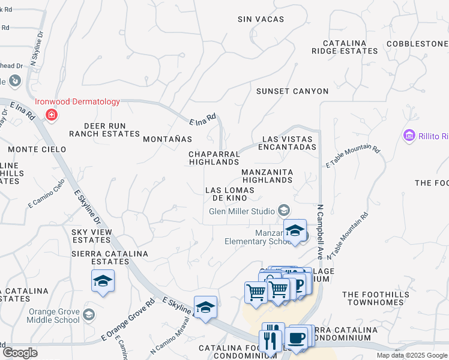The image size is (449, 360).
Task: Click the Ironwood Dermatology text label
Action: click(77, 102)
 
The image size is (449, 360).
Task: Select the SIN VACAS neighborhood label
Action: click(261, 19)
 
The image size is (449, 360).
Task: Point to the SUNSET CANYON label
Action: click(292, 91)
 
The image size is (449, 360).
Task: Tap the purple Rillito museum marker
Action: click(410, 136)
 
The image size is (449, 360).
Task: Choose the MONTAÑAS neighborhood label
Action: click(167, 139)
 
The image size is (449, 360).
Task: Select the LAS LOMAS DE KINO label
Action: click(230, 194)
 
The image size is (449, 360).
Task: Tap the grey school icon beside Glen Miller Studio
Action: click(284, 211)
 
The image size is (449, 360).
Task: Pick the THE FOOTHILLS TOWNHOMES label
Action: click(381, 298)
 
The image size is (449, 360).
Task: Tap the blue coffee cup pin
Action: click(297, 338)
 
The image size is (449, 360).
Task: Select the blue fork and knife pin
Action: click(271, 340)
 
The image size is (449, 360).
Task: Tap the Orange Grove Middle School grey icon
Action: click(89, 315)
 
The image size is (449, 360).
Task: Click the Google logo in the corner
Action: click(19, 352)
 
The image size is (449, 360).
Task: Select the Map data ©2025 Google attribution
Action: click(412, 355)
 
